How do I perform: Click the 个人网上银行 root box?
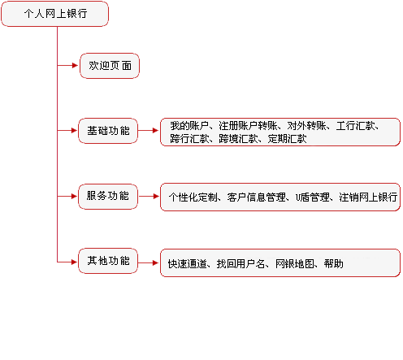[x=55, y=14]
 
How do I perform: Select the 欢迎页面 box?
[x=110, y=66]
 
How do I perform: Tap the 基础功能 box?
[x=108, y=131]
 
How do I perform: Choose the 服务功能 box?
[x=108, y=197]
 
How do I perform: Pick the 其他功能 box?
[x=108, y=261]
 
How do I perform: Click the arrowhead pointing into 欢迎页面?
[x=75, y=65]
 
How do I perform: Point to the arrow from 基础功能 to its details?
[x=148, y=131]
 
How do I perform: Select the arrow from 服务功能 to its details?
[x=148, y=196]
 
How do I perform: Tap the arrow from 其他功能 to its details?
[x=148, y=262]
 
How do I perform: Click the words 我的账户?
[x=189, y=126]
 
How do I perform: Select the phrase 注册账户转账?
[x=248, y=126]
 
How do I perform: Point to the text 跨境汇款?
[x=238, y=139]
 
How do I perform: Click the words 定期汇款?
[x=287, y=139]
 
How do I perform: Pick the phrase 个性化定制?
[x=193, y=197]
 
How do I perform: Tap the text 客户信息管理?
[x=257, y=197]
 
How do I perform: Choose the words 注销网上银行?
[x=368, y=197]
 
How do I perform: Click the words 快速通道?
[x=187, y=264]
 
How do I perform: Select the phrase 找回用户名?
[x=240, y=264]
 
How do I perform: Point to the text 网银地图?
[x=295, y=264]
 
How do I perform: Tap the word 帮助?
[x=334, y=264]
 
